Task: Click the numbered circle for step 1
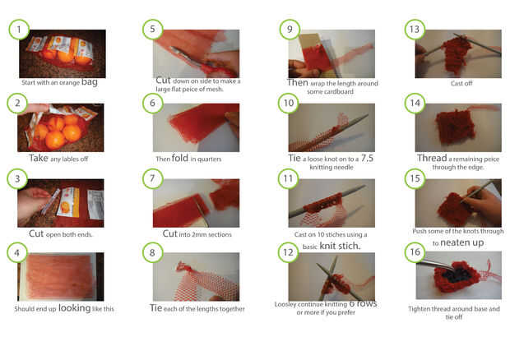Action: (19, 30)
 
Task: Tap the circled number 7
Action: (152, 178)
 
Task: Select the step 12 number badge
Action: (288, 252)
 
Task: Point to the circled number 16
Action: (415, 252)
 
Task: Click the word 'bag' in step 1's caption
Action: (90, 82)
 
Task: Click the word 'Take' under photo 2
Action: (39, 158)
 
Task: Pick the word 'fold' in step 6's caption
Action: (180, 158)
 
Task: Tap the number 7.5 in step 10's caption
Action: (367, 159)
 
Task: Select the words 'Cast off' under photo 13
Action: (461, 84)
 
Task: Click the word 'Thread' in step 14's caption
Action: (432, 158)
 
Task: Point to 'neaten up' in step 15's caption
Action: (461, 242)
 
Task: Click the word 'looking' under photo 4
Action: (75, 308)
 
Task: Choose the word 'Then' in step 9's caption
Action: (297, 82)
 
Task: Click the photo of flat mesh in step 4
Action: (61, 276)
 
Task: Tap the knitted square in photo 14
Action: (455, 127)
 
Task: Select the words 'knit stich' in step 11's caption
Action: (341, 246)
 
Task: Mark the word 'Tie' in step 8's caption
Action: (155, 308)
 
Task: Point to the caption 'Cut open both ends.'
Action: (61, 234)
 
